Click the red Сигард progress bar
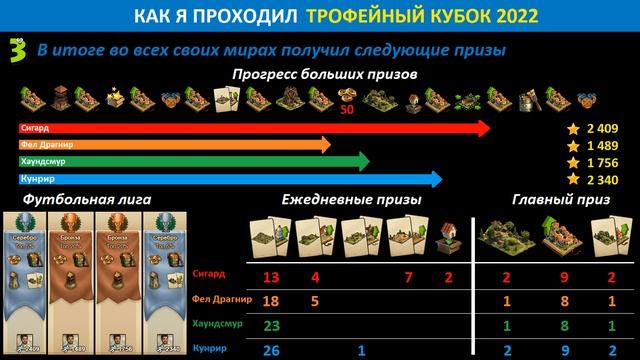click(250, 128)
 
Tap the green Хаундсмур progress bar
click(190, 162)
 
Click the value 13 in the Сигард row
click(271, 277)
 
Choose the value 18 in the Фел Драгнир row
click(271, 301)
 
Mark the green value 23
click(271, 325)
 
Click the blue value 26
click(271, 348)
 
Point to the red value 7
click(409, 277)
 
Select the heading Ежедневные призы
click(350, 201)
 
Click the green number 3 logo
click(14, 48)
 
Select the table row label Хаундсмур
click(213, 325)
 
